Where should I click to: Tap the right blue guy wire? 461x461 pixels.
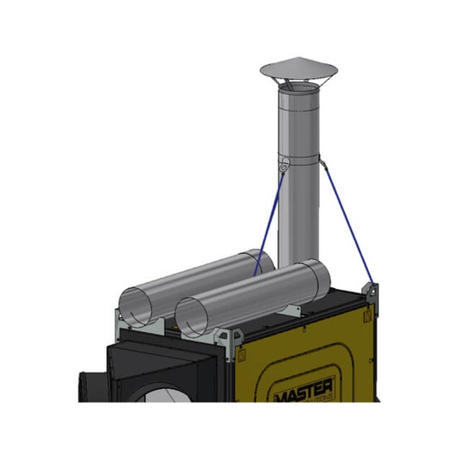pos(346,220)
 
